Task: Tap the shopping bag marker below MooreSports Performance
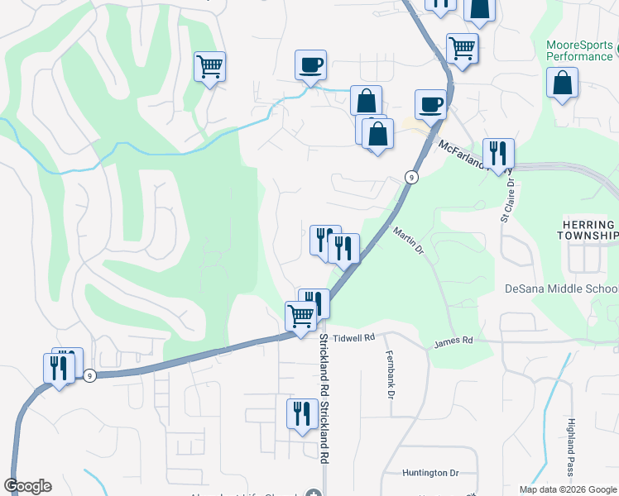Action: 562,84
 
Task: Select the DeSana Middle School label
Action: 561,289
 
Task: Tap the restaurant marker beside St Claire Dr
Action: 498,154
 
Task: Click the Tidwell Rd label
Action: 353,338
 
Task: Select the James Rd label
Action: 453,341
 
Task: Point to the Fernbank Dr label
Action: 389,374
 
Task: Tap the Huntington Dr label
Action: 430,473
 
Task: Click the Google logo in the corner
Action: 27,486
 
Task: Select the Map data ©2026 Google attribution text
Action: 568,489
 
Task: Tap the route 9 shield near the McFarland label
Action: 410,177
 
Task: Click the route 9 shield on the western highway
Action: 90,375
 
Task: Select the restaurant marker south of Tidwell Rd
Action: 300,413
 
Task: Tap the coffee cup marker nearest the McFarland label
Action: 429,105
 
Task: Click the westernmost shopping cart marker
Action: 210,66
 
